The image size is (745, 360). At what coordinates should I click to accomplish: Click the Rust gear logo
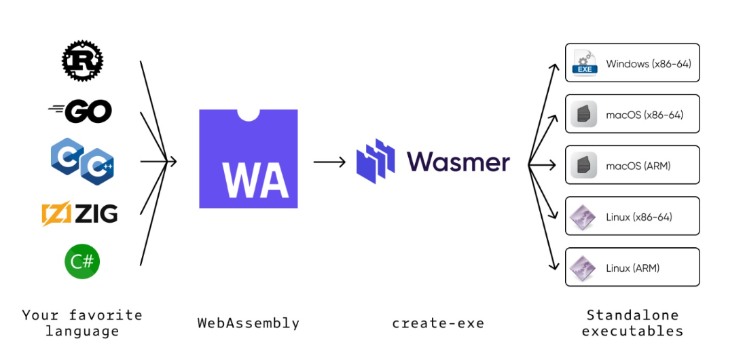(82, 61)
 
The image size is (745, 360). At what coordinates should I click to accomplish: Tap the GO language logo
(81, 111)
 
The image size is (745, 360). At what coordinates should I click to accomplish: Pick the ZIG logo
(79, 214)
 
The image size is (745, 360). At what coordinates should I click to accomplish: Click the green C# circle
(82, 262)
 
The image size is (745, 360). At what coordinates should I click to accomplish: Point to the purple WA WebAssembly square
(248, 158)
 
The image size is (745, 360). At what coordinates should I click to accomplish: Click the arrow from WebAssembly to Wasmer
(330, 162)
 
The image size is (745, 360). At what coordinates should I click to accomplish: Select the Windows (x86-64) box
(632, 62)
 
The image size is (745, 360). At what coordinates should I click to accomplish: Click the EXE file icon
(583, 62)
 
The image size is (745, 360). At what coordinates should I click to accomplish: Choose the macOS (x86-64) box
(632, 113)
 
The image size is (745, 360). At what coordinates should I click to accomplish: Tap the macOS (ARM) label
(638, 165)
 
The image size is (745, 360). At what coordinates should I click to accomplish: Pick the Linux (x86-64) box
(632, 216)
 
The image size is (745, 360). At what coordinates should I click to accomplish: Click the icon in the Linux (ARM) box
(583, 267)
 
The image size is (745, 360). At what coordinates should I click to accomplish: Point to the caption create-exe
(438, 323)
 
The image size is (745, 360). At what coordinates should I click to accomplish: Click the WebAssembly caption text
(249, 323)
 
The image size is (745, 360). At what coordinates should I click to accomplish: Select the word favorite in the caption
(105, 315)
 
